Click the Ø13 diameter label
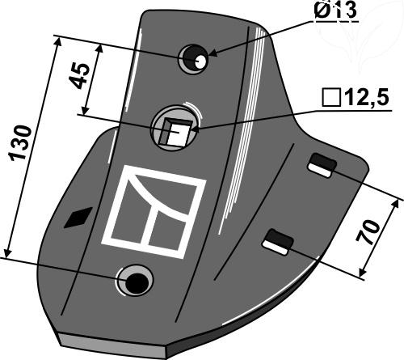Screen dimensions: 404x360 coord(335,11)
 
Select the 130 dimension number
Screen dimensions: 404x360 coord(20,142)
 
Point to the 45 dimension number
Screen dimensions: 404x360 coord(78,76)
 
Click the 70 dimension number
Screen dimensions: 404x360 coord(368,232)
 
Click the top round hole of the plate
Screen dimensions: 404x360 coord(194,59)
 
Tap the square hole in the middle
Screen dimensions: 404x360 coord(175,133)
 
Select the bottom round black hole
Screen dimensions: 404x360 coord(137,282)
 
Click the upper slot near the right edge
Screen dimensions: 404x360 coord(322,165)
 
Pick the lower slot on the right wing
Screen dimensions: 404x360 coord(278,242)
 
